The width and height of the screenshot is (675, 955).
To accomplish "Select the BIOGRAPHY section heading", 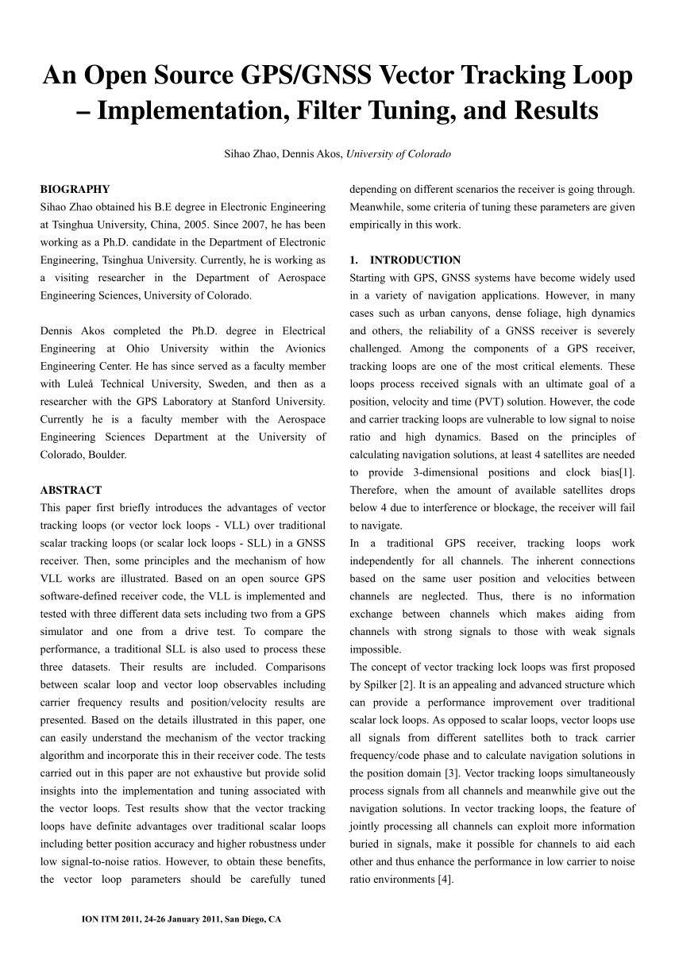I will coord(75,190).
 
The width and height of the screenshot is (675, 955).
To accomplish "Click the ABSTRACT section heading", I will coord(71,490).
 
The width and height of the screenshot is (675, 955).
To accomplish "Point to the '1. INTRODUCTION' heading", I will coord(405,260).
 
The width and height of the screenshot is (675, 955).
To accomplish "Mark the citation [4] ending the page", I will coord(444,879).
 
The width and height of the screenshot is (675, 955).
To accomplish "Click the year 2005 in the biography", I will coord(225,225).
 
